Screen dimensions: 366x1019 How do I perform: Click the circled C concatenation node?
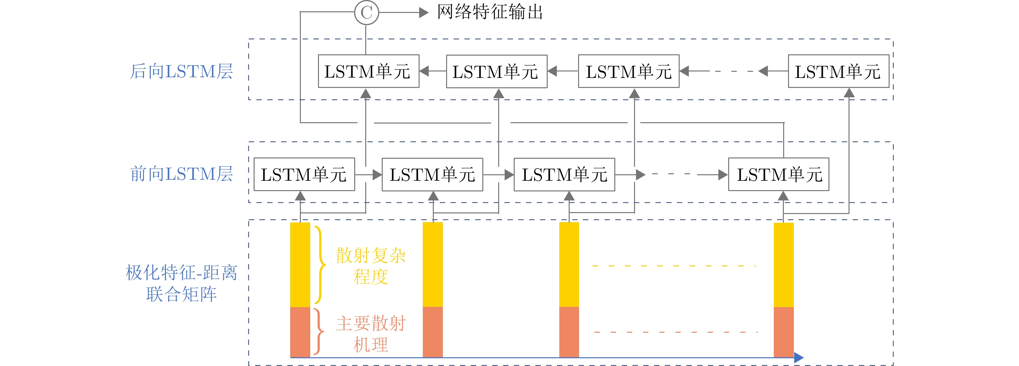click(366, 13)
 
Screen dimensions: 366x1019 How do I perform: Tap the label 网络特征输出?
click(490, 12)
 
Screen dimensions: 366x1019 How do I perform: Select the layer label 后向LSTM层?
click(181, 71)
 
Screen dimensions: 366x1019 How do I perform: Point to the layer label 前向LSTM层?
click(181, 174)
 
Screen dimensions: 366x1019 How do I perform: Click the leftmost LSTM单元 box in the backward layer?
click(368, 71)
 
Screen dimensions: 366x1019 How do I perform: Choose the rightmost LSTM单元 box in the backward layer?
click(838, 71)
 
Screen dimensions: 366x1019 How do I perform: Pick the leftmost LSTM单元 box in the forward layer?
click(304, 174)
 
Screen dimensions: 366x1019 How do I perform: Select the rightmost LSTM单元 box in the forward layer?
click(779, 174)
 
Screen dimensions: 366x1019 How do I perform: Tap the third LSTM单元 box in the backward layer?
click(629, 71)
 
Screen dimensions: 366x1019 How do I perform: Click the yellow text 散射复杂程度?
click(371, 265)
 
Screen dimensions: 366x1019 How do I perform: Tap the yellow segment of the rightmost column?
click(783, 265)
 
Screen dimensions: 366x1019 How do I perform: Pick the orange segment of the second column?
click(433, 332)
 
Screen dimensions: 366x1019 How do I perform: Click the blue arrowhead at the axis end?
click(799, 357)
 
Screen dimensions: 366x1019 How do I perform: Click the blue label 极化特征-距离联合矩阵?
click(181, 283)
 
